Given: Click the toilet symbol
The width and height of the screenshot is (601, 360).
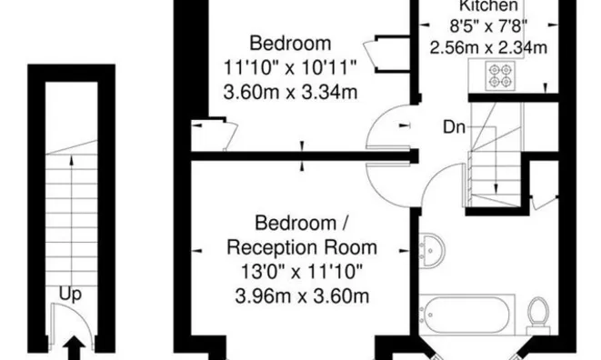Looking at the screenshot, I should tap(538, 313).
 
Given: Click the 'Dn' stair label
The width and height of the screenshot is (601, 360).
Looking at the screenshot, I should tap(455, 127).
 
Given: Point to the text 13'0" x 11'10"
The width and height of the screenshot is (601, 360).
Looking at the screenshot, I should tap(301, 270).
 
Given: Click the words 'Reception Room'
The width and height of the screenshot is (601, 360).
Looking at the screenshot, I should tap(301, 246).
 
